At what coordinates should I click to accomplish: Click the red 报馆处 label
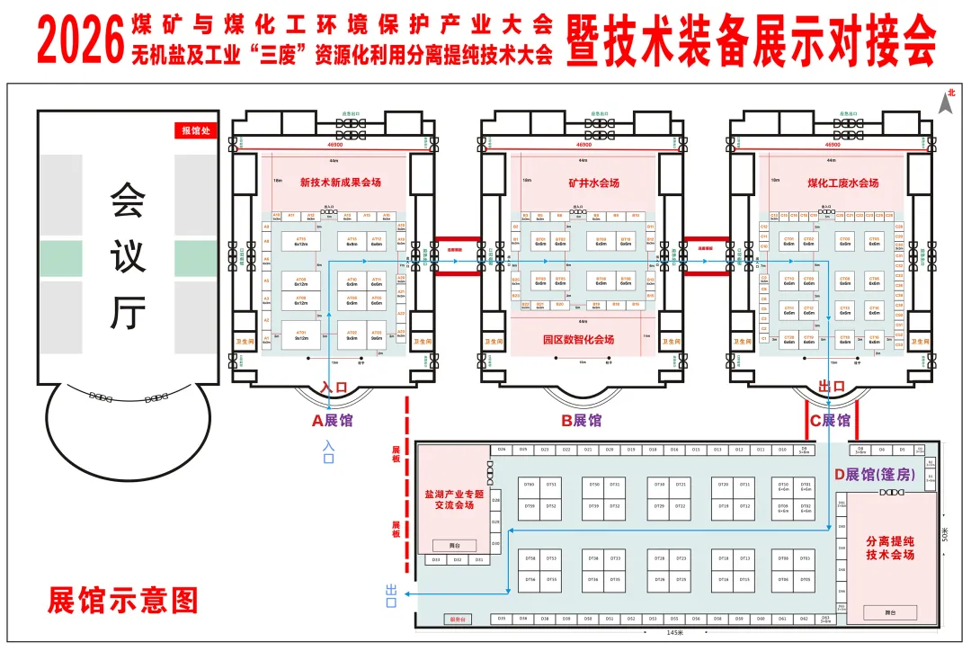point(197,130)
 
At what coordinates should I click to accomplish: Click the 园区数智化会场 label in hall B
point(578,340)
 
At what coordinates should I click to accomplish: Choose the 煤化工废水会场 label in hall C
point(842,183)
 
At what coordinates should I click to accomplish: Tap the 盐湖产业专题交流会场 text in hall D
point(454,499)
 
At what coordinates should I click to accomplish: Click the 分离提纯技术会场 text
point(889,548)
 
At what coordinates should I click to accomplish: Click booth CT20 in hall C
point(788,338)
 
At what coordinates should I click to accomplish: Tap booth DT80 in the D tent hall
point(529,485)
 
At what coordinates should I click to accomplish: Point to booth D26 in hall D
point(501,450)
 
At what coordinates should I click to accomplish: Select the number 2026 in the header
point(80,40)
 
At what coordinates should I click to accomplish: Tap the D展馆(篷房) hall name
point(875,474)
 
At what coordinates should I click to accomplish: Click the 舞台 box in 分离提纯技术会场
point(889,612)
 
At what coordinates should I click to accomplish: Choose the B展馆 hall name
point(582,420)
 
